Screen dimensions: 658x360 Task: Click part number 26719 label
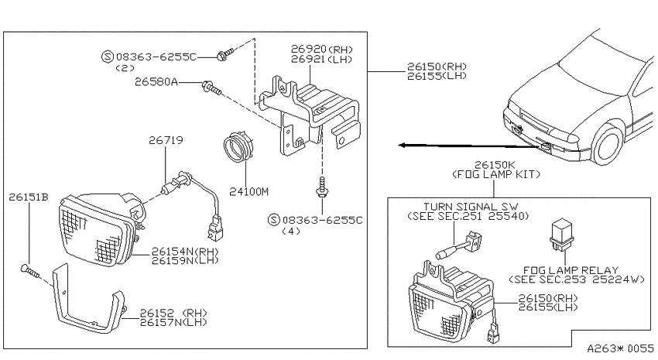pyautogui.click(x=166, y=139)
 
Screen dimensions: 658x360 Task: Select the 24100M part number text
pyautogui.click(x=248, y=192)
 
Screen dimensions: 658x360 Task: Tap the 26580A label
pyautogui.click(x=156, y=82)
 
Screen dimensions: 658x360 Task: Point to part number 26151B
pyautogui.click(x=29, y=197)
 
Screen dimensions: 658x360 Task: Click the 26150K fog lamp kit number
pyautogui.click(x=495, y=165)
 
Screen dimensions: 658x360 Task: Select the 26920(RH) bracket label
pyautogui.click(x=322, y=50)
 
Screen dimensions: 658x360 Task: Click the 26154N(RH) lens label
pyautogui.click(x=185, y=252)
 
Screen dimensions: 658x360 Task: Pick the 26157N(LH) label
pyautogui.click(x=173, y=323)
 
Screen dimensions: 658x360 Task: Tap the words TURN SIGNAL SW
pyautogui.click(x=471, y=207)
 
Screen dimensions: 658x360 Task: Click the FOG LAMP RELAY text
pyautogui.click(x=571, y=270)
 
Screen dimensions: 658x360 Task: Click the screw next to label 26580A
pyautogui.click(x=211, y=88)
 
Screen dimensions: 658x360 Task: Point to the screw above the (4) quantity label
pyautogui.click(x=322, y=187)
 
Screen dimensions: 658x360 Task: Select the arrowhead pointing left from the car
pyautogui.click(x=402, y=146)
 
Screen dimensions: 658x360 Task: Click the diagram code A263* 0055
pyautogui.click(x=620, y=348)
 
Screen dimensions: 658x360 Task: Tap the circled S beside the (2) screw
pyautogui.click(x=108, y=57)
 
